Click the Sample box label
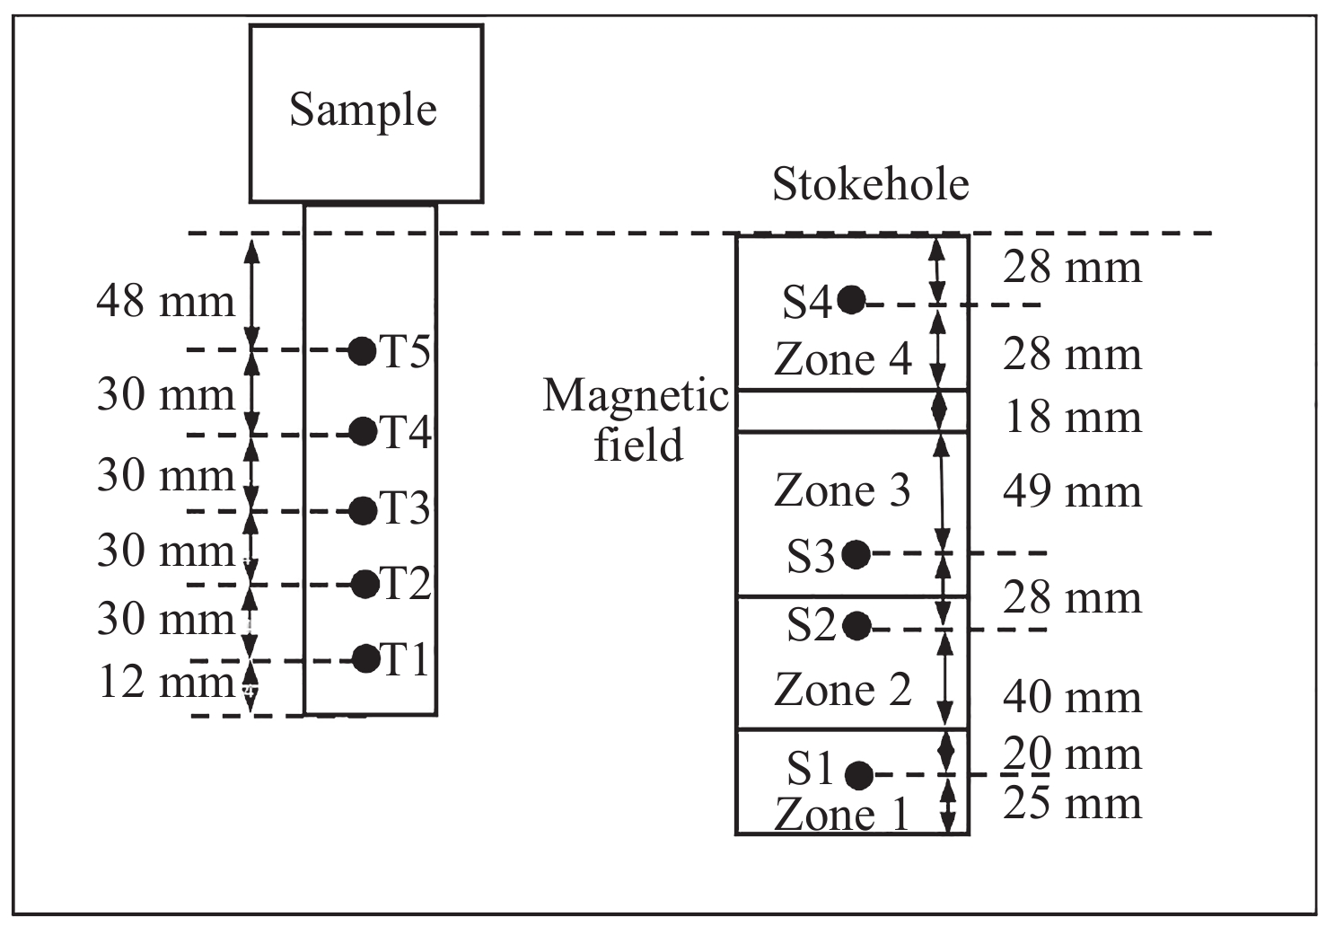point(363,110)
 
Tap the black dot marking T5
point(362,350)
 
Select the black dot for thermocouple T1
point(365,658)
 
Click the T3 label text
point(406,509)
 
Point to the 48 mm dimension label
point(166,301)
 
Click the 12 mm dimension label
point(166,682)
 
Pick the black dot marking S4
point(851,299)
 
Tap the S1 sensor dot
point(859,773)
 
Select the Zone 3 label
point(842,490)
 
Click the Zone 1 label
point(842,814)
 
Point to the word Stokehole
point(871,185)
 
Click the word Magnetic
point(636,396)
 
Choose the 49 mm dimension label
point(1072,492)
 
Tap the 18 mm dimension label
point(1072,418)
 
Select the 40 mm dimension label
point(1072,697)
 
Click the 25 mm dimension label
point(1072,803)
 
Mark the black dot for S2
point(857,625)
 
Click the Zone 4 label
point(842,359)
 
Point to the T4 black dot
point(363,431)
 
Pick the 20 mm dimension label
point(1072,754)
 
